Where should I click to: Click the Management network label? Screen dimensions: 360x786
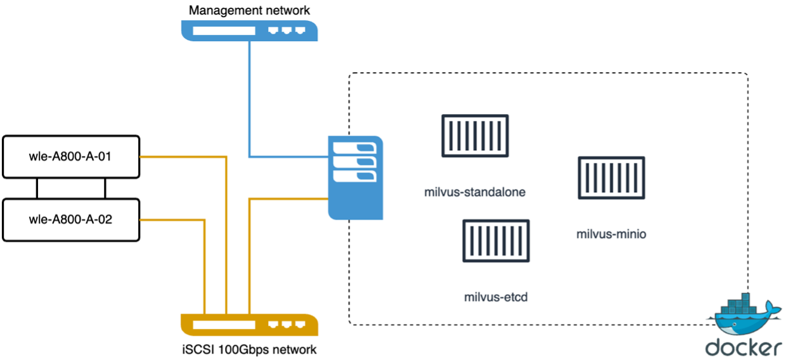[249, 10]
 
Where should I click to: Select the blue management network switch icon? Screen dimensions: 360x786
[249, 30]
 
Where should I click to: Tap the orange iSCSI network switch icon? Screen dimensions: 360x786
[249, 325]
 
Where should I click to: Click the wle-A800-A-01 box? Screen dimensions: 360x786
[71, 156]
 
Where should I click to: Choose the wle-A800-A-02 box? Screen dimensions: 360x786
[71, 219]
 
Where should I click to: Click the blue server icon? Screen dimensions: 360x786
[356, 177]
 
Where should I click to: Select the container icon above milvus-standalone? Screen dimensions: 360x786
[475, 136]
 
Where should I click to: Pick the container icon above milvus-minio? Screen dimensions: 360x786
[612, 178]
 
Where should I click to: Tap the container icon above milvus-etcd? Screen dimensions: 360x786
[496, 241]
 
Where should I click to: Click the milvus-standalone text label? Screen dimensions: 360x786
[475, 192]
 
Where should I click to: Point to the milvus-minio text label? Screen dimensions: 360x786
[611, 235]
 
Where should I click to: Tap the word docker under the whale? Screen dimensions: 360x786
[743, 347]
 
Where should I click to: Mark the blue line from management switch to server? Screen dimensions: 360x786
[250, 101]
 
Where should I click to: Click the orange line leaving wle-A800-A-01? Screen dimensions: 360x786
[184, 156]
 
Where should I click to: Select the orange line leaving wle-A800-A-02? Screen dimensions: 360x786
[171, 220]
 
